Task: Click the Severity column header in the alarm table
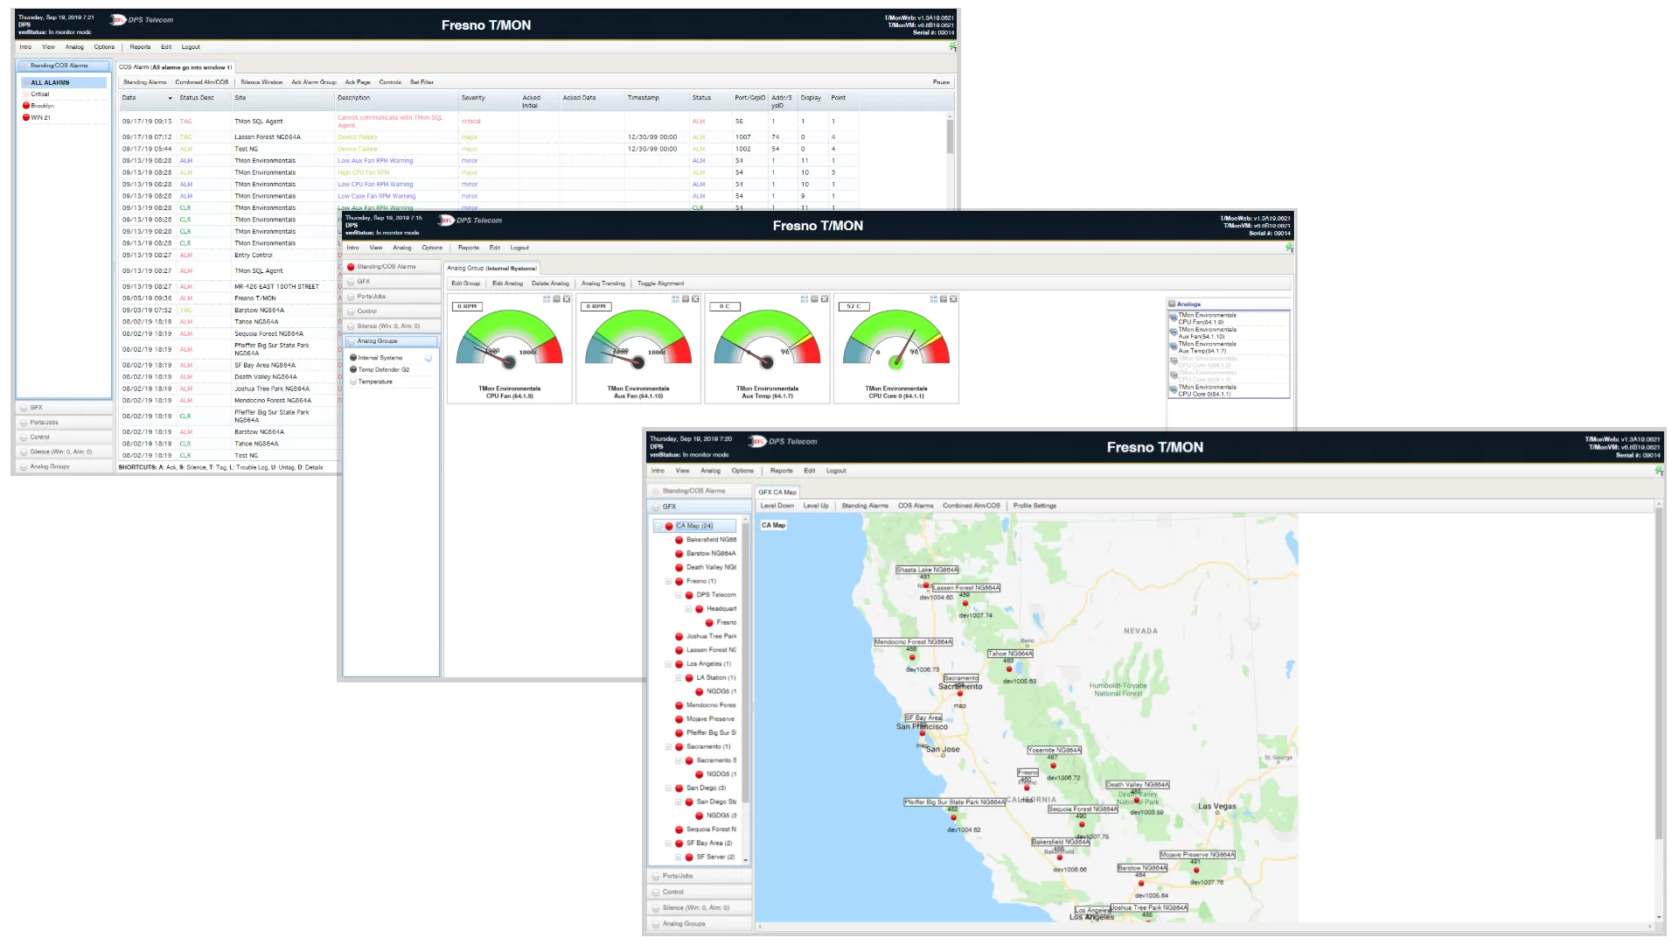473,98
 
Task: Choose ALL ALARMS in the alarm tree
50,82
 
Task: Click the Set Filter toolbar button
421,82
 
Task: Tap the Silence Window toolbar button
261,82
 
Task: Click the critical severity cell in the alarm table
471,122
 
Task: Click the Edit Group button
465,283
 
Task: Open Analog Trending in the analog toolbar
603,283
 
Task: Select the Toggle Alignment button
660,283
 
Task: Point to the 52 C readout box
853,306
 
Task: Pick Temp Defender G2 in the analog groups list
383,369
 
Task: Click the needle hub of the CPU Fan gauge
509,361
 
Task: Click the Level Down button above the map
777,506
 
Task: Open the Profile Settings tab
1035,506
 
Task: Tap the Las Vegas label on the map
1216,807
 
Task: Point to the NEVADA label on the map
1140,631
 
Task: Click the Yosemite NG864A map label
1054,750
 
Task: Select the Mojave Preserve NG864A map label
1196,855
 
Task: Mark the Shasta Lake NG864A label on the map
926,570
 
